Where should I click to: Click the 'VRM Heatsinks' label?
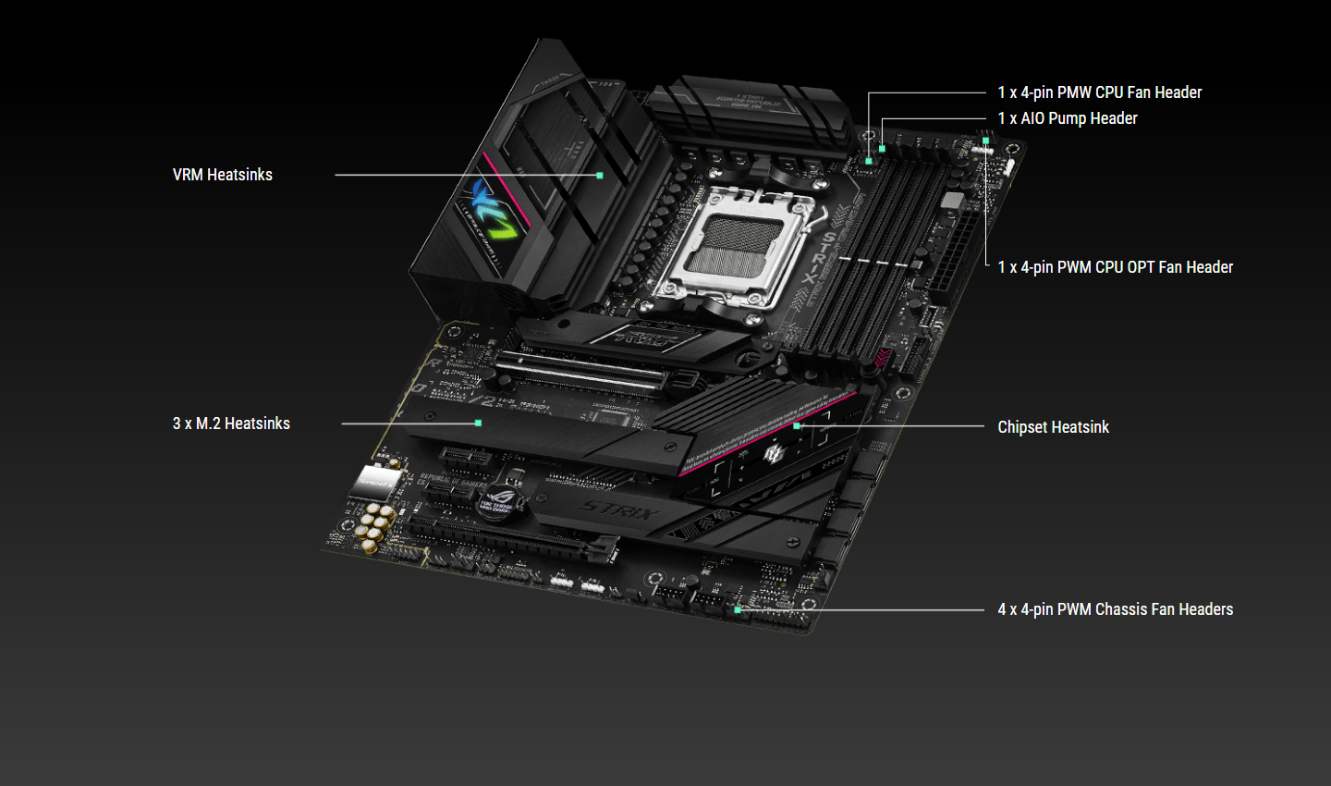(x=222, y=175)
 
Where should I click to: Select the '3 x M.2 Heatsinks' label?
(x=231, y=424)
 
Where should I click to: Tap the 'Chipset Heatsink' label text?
(x=1053, y=427)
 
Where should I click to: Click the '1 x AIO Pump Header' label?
(x=1067, y=118)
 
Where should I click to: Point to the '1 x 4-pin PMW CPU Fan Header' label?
(x=1099, y=92)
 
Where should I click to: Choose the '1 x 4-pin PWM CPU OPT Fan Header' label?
(x=1115, y=267)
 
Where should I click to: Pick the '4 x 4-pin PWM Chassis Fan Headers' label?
(x=1115, y=609)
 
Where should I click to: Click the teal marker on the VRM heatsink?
(x=600, y=175)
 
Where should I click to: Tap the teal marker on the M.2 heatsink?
(x=478, y=423)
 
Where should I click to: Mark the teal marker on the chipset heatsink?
(x=797, y=426)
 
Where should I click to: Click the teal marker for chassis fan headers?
(x=738, y=609)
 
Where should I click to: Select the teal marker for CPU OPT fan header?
(x=986, y=141)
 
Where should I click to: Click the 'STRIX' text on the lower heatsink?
(x=618, y=510)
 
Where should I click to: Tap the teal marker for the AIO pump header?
(x=882, y=148)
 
